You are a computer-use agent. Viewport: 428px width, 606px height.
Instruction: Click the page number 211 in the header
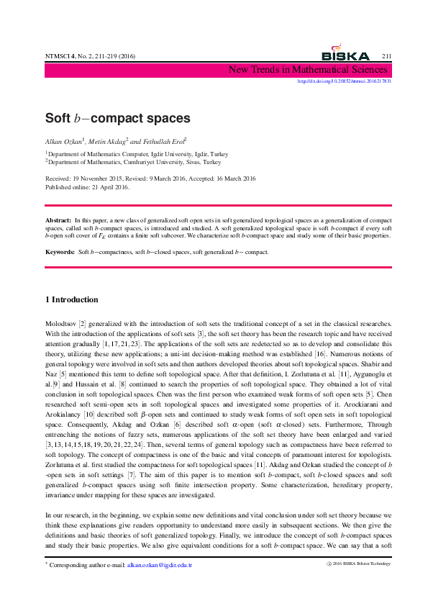pos(386,56)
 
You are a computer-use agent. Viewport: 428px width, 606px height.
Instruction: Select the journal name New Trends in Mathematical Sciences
pos(308,70)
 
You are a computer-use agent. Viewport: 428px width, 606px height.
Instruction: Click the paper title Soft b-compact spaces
pos(117,118)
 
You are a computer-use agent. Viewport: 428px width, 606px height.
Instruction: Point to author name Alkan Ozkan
pos(64,141)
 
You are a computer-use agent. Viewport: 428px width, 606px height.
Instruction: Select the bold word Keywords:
pos(60,253)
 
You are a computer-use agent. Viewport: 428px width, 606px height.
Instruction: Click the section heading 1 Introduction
pos(71,299)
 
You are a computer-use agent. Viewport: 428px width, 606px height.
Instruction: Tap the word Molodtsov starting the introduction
pos(60,325)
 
